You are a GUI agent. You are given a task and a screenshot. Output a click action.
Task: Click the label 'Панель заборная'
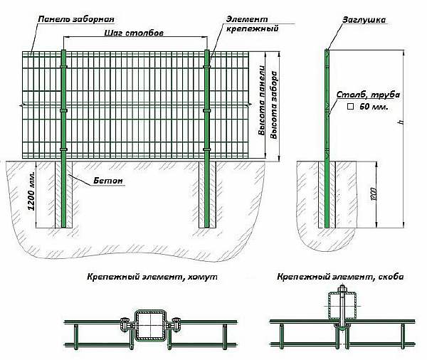(x=76, y=20)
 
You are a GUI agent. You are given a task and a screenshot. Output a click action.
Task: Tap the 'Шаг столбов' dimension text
(x=134, y=33)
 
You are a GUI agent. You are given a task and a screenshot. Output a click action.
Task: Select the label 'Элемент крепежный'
(x=253, y=23)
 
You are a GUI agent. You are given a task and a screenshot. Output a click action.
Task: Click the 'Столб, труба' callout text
(x=368, y=95)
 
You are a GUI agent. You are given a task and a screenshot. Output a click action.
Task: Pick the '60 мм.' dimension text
(x=374, y=107)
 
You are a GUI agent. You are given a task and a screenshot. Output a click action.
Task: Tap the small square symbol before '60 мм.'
(x=350, y=107)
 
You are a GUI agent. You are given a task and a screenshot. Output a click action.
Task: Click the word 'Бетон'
(x=108, y=181)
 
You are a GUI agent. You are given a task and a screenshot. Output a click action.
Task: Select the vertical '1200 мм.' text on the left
(x=31, y=191)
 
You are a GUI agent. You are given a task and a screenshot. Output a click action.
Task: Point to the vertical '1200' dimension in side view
(x=373, y=194)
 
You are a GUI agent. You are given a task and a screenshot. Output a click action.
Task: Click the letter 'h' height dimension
(x=400, y=122)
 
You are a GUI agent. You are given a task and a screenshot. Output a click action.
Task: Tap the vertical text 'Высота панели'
(x=261, y=100)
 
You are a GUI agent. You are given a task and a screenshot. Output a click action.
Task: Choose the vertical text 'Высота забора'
(x=274, y=105)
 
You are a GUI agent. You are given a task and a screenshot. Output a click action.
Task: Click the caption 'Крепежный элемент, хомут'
(x=152, y=277)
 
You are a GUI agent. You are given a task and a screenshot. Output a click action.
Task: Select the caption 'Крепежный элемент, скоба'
(x=340, y=277)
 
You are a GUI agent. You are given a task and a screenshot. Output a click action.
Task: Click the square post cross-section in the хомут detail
(x=151, y=325)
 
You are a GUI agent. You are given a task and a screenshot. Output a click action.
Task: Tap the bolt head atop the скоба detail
(x=342, y=288)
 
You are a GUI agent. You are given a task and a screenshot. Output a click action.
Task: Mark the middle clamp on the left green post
(x=63, y=110)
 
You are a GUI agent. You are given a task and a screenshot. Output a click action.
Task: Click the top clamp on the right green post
(x=206, y=66)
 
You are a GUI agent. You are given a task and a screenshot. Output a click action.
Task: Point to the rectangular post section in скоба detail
(x=342, y=305)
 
